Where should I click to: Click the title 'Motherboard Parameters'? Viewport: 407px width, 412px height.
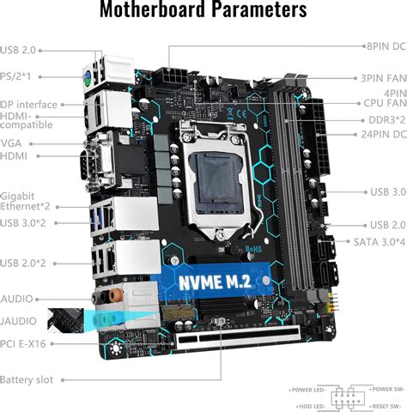click(203, 11)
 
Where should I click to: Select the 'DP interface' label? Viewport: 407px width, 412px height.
click(29, 105)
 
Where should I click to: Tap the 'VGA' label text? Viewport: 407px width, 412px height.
click(10, 142)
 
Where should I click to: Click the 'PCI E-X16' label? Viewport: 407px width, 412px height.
click(24, 344)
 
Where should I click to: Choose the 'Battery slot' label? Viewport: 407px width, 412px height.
click(27, 379)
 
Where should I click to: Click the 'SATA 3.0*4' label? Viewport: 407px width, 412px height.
click(378, 242)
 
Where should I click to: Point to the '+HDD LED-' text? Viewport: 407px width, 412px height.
click(313, 404)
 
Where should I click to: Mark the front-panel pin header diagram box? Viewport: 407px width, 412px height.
click(347, 396)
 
